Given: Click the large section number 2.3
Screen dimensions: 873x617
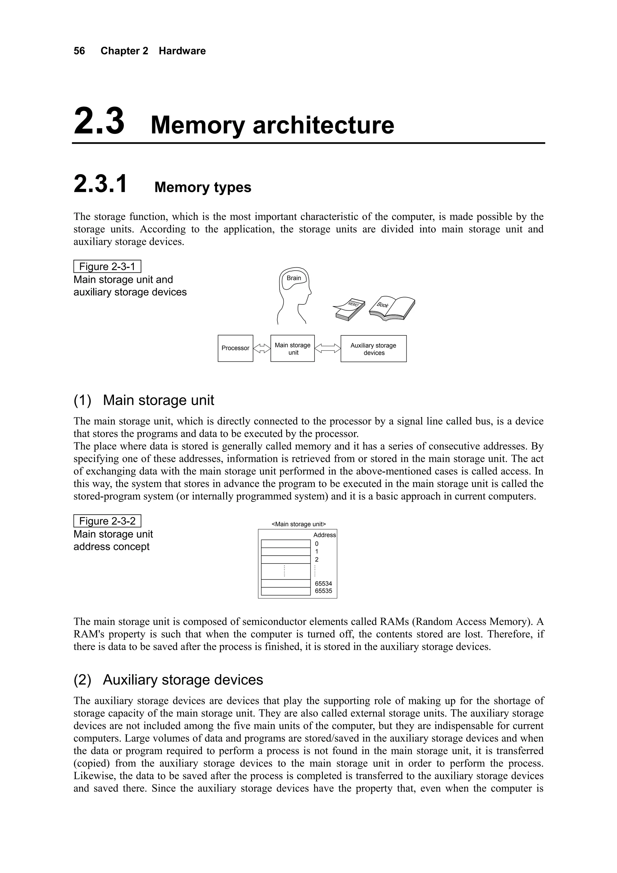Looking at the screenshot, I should click(99, 121).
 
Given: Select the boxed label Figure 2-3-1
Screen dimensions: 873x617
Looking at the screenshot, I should click(107, 266).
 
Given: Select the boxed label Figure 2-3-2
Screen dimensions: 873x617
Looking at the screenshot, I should click(107, 521).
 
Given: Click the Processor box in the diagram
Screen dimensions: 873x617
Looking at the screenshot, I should click(235, 348).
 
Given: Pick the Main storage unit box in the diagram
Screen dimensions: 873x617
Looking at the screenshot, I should click(292, 348).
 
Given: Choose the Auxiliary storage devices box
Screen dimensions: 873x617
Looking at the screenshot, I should click(373, 349).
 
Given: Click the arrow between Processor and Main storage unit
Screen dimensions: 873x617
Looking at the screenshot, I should click(262, 348).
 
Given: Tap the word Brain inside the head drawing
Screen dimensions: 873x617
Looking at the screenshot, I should click(293, 278).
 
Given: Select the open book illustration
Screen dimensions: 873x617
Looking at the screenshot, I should click(392, 307).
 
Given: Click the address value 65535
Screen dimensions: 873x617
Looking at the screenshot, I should click(323, 591).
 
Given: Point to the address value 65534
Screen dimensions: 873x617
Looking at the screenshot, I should click(323, 583).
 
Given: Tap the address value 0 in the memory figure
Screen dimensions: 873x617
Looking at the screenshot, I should click(317, 544).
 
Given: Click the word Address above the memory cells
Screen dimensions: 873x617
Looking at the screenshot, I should click(324, 535).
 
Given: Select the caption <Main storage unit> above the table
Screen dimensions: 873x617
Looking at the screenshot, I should click(299, 524).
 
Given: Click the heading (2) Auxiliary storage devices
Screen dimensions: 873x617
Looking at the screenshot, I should click(168, 680).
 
